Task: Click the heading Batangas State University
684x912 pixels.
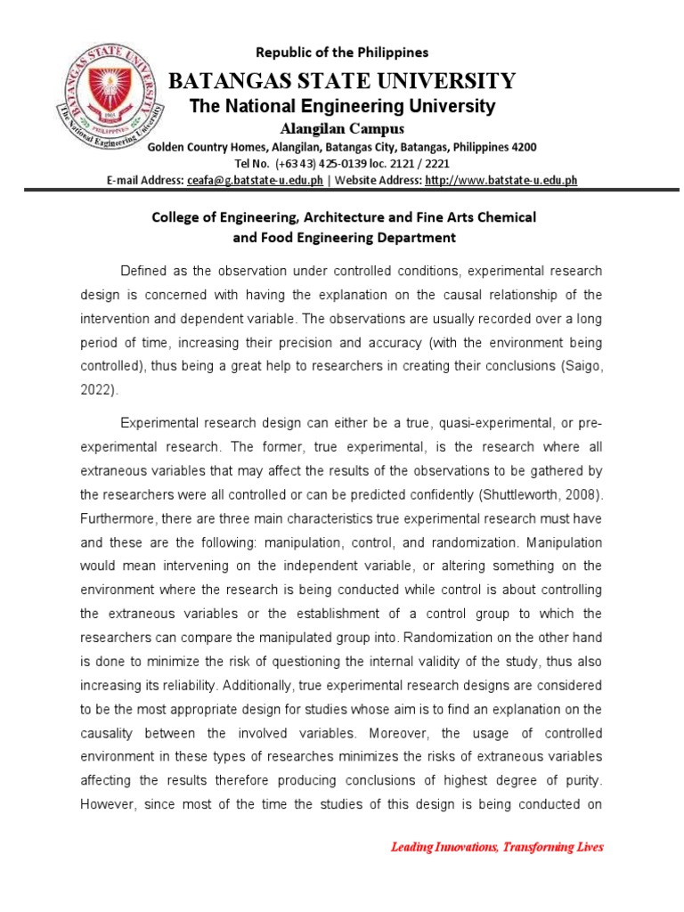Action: (x=342, y=81)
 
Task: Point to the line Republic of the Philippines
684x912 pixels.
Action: (x=342, y=53)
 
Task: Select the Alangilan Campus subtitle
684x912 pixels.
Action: (x=342, y=129)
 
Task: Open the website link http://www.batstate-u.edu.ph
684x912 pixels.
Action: (x=501, y=180)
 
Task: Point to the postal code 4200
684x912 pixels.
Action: (x=524, y=147)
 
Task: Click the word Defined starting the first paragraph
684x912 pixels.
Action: (x=143, y=271)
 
